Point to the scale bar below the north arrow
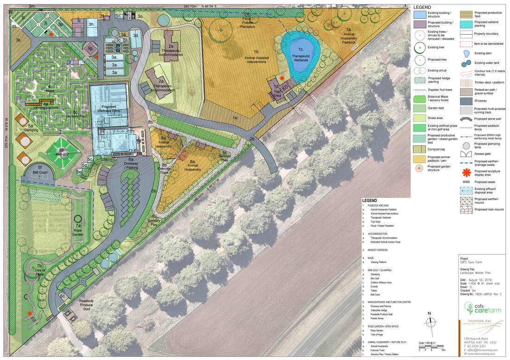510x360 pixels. coord(432,346)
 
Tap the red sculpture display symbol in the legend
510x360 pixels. coord(466,172)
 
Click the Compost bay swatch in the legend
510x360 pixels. coord(420,149)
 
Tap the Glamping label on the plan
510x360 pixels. coord(31,130)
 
